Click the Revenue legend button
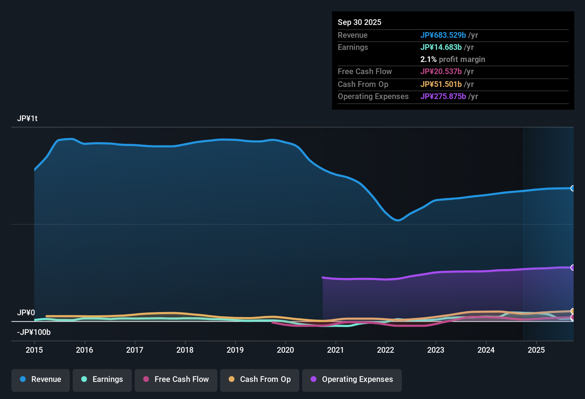tap(41, 379)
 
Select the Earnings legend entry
tap(102, 379)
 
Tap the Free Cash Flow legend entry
tap(176, 379)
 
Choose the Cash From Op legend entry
tap(259, 379)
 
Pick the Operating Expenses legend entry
tap(352, 379)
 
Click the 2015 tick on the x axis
tap(34, 350)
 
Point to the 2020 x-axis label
tap(285, 350)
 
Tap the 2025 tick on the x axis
tap(536, 350)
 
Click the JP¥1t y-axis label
tap(27, 118)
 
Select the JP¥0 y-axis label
tap(26, 312)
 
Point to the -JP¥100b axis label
tap(34, 332)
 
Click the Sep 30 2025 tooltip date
tap(359, 22)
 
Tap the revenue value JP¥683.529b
tap(443, 35)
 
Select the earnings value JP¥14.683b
tap(441, 47)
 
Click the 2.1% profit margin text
tap(452, 59)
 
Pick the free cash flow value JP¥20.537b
tap(441, 71)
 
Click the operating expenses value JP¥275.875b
tap(443, 96)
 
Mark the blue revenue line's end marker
tap(573, 188)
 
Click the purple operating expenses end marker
tap(573, 268)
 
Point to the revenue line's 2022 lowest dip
tap(398, 220)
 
